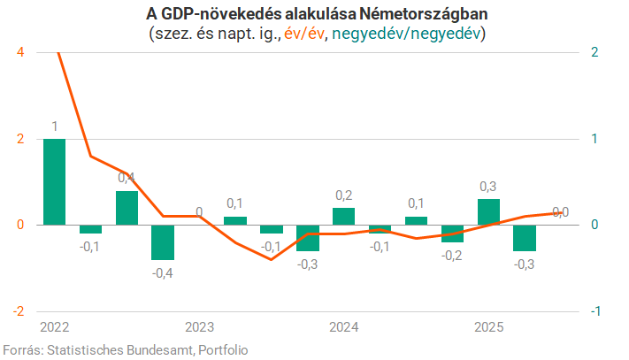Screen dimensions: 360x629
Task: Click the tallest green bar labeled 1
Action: [x=54, y=181]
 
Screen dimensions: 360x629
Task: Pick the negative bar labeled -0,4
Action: [x=163, y=241]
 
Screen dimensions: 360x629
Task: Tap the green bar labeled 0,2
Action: [x=343, y=216]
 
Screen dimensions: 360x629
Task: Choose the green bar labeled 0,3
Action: [x=488, y=211]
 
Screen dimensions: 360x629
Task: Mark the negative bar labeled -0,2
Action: [x=452, y=233]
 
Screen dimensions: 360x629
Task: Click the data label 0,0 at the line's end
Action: [x=560, y=212]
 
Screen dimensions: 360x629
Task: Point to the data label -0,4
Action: [x=163, y=272]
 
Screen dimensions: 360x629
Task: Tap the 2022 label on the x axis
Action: [x=55, y=328]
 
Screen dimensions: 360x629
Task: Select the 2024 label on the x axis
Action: [x=343, y=328]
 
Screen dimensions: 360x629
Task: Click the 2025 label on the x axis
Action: [x=488, y=328]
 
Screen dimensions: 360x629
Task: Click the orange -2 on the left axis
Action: [x=18, y=311]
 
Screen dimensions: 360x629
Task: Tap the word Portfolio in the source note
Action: [x=221, y=349]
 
